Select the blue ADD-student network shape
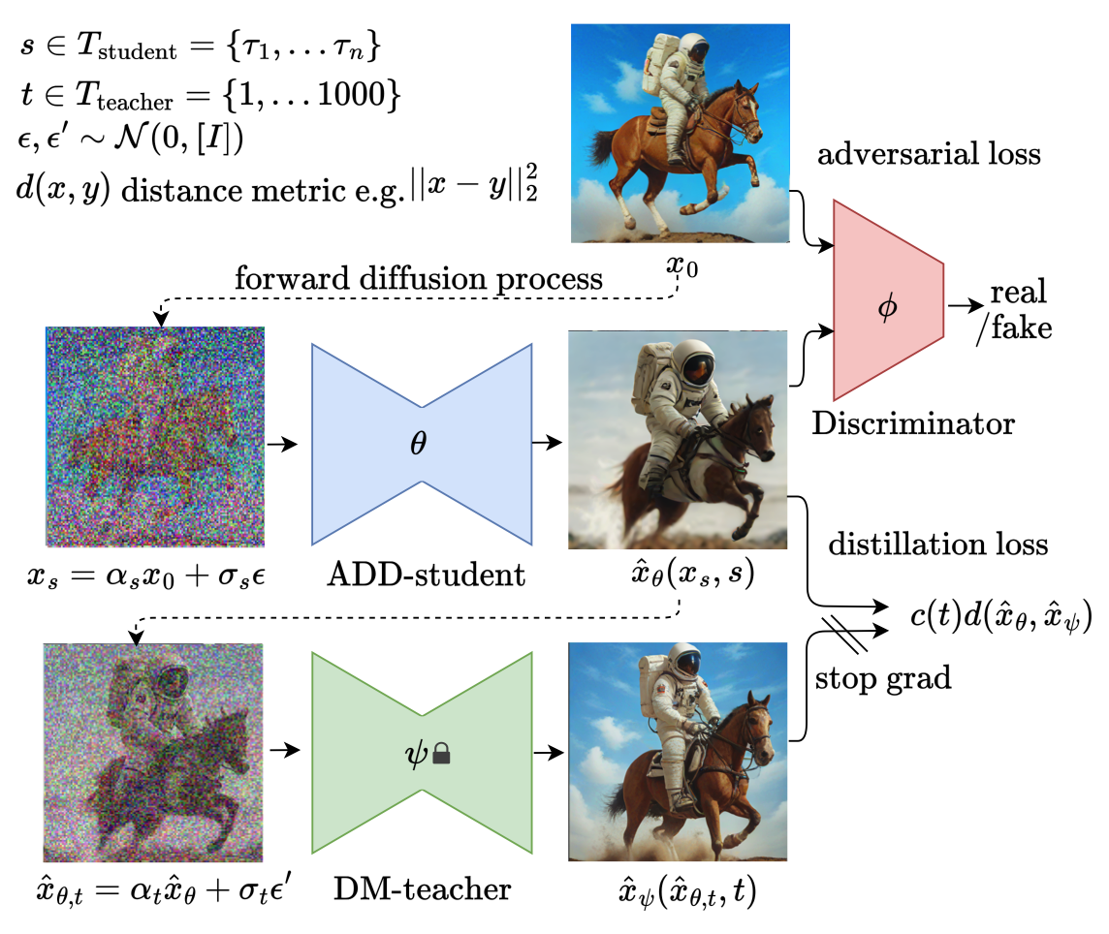click(x=422, y=443)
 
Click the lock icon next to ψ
click(x=442, y=752)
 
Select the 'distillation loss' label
click(x=937, y=544)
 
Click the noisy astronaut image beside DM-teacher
click(x=154, y=746)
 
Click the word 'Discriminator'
click(x=912, y=424)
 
